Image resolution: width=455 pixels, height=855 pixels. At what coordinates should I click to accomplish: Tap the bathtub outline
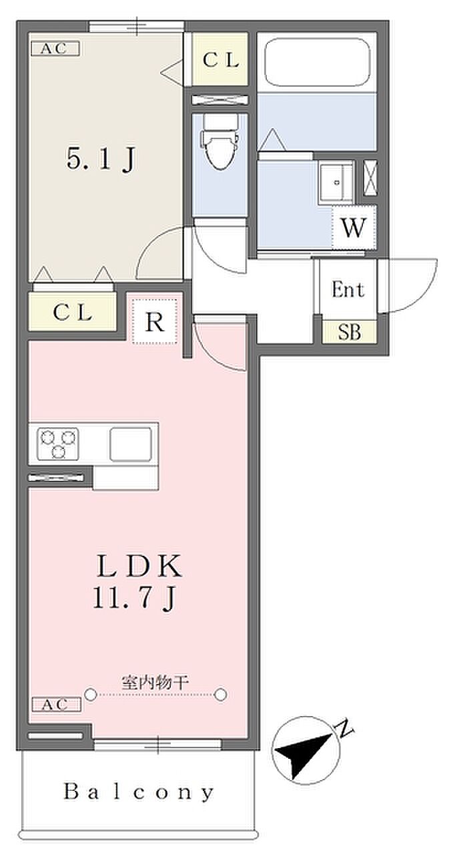coord(318,62)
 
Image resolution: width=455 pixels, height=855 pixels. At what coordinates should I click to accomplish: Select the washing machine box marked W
coord(354,228)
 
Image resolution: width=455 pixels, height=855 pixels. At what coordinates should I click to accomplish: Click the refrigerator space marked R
coord(155,322)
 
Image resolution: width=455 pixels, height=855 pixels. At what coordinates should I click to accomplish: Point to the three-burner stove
coord(58,444)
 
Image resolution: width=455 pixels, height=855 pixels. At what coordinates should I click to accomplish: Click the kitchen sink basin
coord(130,444)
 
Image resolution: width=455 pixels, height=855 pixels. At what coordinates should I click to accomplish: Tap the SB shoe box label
coord(348,332)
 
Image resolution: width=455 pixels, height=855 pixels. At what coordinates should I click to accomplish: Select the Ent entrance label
coord(348,290)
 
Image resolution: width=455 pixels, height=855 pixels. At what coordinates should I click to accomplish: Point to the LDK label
coord(139,568)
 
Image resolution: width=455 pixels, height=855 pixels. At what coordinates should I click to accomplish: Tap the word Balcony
coord(139,793)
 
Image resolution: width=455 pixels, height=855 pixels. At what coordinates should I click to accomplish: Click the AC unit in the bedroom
coord(55,48)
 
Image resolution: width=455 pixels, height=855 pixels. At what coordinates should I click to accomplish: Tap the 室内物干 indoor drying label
coord(155,683)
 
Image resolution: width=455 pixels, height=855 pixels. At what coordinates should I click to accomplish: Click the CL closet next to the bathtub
coord(220,60)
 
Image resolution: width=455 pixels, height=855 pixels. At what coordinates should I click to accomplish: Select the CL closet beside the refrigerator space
coord(72,312)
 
